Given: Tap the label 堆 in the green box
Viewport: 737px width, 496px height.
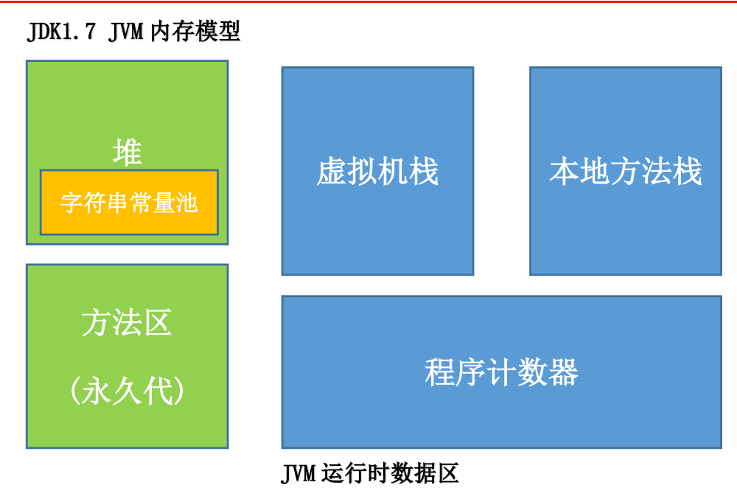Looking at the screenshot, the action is tap(127, 153).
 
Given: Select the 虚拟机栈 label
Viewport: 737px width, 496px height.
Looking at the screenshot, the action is tap(377, 172).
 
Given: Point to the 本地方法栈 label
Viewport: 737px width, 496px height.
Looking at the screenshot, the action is tap(625, 172).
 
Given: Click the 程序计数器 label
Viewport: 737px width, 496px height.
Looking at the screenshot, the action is tap(501, 373).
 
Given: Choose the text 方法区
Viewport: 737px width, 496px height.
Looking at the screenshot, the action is tap(127, 323).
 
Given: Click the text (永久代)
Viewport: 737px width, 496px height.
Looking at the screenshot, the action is tap(127, 391).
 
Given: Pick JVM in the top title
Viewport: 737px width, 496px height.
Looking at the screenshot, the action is tap(125, 33).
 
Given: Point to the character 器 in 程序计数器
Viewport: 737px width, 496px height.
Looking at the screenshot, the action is tap(563, 373).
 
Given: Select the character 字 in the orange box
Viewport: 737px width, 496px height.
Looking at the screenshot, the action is tap(71, 203).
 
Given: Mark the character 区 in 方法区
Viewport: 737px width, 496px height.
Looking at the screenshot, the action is tap(158, 323).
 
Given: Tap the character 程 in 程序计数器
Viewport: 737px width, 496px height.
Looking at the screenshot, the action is tap(440, 373).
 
